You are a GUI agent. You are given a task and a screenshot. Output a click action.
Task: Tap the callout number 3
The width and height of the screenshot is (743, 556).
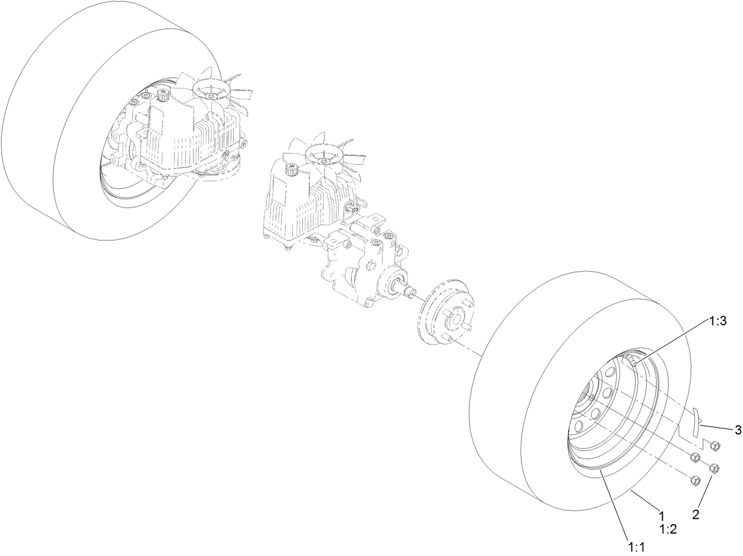coord(738,430)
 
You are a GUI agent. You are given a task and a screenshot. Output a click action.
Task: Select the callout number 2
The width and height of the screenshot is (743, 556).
coord(696,515)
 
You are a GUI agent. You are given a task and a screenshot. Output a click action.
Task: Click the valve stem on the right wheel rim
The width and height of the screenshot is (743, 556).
coord(634,361)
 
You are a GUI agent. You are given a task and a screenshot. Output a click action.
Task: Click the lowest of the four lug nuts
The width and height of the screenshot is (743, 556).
coord(695,481)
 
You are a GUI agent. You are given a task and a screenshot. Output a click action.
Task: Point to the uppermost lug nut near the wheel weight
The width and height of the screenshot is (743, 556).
coord(712,444)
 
